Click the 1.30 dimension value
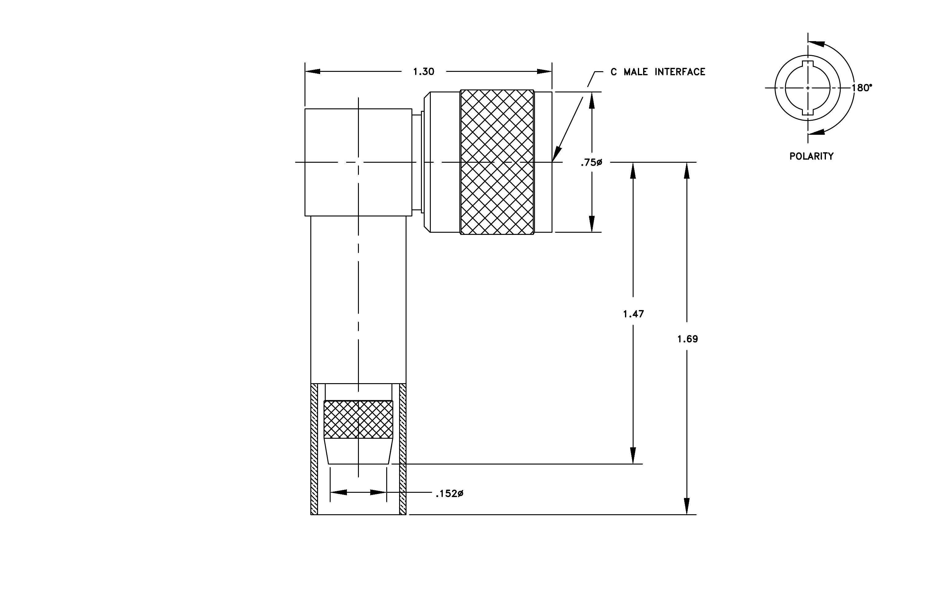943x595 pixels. (x=423, y=72)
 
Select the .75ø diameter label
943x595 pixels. (x=591, y=162)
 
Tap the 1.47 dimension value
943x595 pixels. (x=633, y=314)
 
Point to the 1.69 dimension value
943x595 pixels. (x=687, y=339)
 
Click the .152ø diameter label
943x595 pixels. (x=450, y=494)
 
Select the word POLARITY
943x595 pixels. (x=811, y=157)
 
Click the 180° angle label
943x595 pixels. (x=862, y=88)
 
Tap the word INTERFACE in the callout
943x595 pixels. (x=680, y=72)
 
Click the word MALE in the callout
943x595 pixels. (x=636, y=72)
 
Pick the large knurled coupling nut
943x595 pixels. (x=497, y=162)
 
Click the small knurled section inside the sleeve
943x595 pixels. (x=358, y=419)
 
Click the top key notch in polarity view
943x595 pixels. (x=807, y=64)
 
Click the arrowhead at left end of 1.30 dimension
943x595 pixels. (x=312, y=72)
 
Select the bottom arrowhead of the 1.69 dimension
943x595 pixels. (x=686, y=506)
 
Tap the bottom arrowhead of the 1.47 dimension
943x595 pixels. (x=633, y=456)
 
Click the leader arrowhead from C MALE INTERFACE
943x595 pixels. (x=556, y=154)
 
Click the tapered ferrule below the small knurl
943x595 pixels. (x=358, y=451)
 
